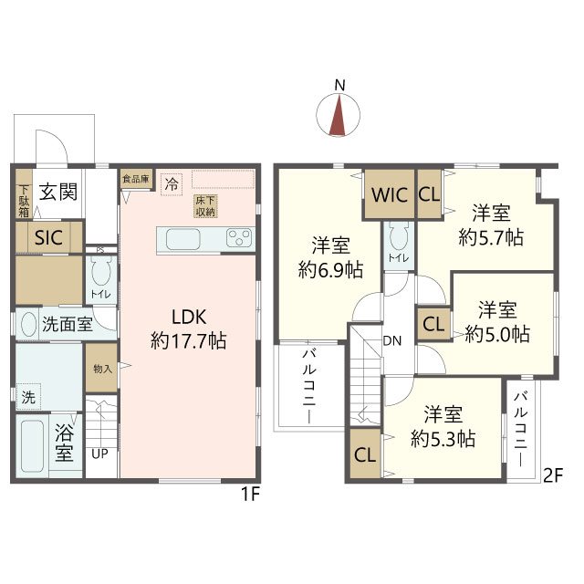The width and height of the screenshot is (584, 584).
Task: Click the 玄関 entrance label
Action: click(x=58, y=193)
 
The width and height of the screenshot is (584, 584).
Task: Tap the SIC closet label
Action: click(x=48, y=237)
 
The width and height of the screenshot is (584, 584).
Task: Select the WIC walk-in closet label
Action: click(x=390, y=194)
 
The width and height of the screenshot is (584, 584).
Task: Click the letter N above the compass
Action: click(x=339, y=85)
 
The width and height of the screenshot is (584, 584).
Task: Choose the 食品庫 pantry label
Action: click(x=136, y=179)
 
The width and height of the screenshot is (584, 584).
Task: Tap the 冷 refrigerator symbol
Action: click(x=172, y=184)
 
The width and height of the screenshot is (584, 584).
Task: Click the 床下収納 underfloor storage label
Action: click(x=205, y=206)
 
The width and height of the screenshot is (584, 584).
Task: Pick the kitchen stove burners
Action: click(x=239, y=238)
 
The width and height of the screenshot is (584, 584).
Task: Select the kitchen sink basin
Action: click(x=182, y=239)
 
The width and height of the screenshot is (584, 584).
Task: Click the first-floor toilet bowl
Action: click(x=101, y=272)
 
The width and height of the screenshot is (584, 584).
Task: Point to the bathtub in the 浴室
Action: click(x=33, y=446)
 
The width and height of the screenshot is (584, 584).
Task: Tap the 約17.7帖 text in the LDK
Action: click(x=189, y=340)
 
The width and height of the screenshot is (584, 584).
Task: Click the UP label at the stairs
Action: click(x=99, y=454)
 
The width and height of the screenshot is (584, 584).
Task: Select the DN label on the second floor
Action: click(x=392, y=340)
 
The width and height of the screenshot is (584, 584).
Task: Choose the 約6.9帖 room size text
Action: click(x=330, y=270)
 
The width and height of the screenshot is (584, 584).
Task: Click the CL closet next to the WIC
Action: click(x=430, y=194)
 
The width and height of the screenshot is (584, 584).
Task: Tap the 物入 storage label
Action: click(x=102, y=369)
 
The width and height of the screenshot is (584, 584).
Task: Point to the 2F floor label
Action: click(x=552, y=475)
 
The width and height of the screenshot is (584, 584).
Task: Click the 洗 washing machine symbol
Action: click(x=28, y=397)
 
